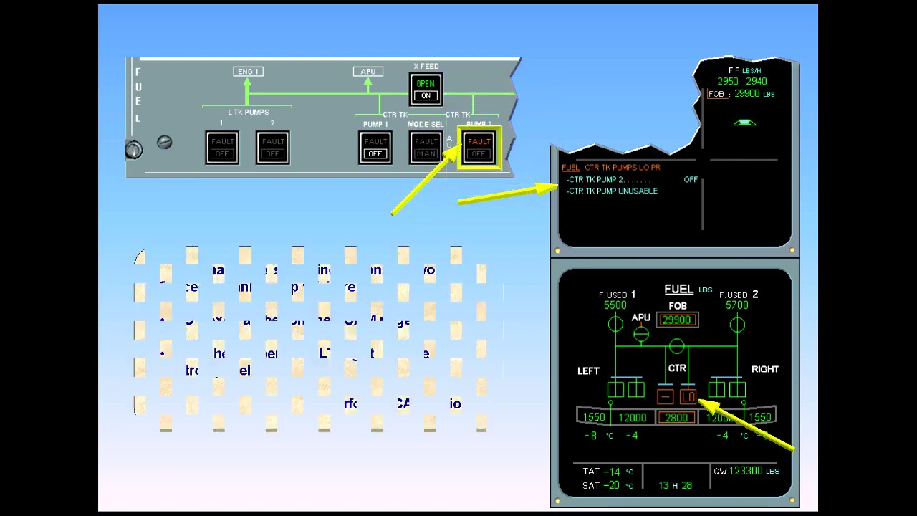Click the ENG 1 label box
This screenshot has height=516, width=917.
(248, 72)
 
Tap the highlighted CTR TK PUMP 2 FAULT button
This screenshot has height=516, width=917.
(479, 148)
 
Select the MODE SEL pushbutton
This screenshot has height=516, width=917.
(426, 148)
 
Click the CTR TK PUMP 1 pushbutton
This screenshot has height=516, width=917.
(375, 148)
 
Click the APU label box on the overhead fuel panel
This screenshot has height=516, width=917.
(368, 72)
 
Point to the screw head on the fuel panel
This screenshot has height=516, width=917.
(164, 142)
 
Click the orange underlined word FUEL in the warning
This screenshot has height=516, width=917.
(570, 168)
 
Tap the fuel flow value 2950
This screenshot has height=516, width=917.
(728, 82)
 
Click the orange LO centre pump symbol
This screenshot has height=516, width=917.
(688, 396)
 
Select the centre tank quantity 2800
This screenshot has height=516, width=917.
(676, 417)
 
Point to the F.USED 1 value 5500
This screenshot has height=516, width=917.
(615, 305)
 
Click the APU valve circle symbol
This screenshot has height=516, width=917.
(641, 333)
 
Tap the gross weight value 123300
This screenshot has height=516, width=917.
(746, 471)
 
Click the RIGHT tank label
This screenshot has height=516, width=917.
(764, 369)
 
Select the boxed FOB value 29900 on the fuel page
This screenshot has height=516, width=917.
(677, 320)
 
